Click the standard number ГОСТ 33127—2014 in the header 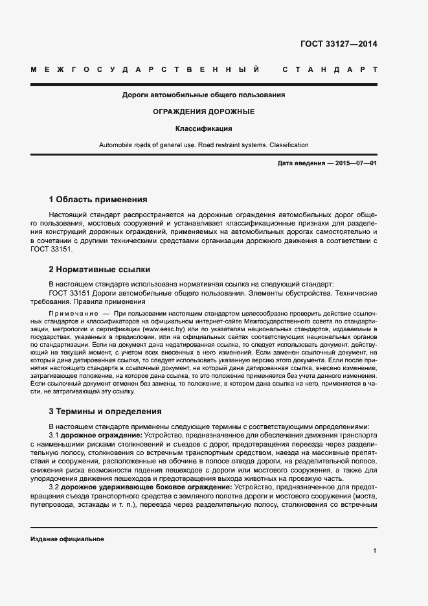[x=339, y=45]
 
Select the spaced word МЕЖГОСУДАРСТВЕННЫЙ [x=146, y=69]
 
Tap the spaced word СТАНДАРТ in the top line [x=329, y=69]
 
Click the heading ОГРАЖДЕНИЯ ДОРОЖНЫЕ [x=203, y=111]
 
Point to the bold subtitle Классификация [x=203, y=128]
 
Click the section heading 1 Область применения [x=98, y=200]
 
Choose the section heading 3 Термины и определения [x=105, y=412]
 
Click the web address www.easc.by [x=162, y=330]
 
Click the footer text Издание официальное [x=67, y=539]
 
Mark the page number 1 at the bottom [x=375, y=551]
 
